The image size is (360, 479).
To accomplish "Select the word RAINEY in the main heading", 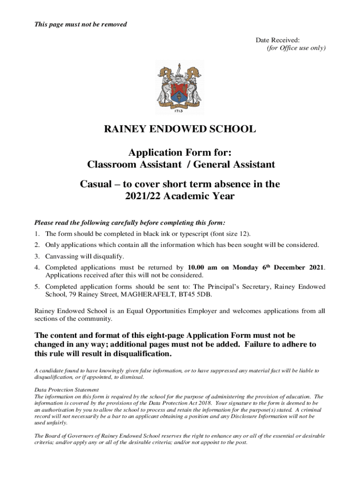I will (124, 130).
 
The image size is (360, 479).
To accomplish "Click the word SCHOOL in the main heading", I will (233, 130).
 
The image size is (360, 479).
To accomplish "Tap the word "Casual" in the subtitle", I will (96, 184).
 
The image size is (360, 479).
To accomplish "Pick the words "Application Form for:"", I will (180, 152).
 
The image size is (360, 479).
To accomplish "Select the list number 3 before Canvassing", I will (36, 256).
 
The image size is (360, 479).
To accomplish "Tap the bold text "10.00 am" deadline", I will (203, 268).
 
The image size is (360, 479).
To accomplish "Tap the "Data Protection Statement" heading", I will (66, 390).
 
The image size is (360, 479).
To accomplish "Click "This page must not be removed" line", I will (81, 24).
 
